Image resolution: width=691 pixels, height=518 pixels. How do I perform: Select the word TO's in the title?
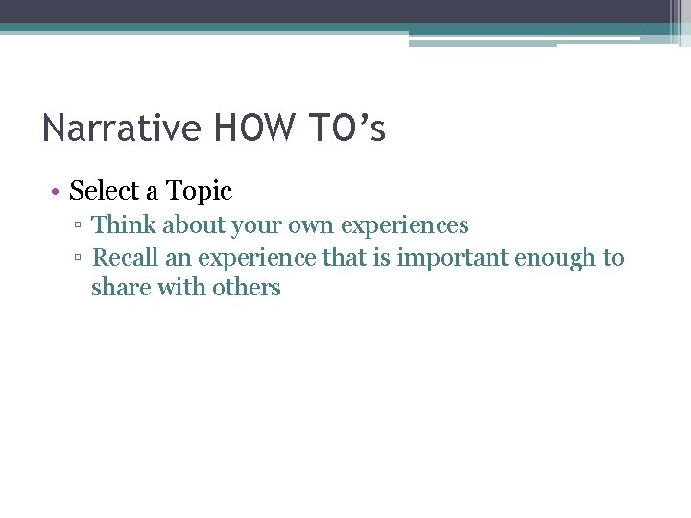346,129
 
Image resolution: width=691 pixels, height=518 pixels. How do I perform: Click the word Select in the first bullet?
104,191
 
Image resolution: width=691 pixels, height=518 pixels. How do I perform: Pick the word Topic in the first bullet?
199,191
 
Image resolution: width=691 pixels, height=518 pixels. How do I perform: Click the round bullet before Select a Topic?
57,192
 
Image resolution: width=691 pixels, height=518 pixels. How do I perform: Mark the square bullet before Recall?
81,259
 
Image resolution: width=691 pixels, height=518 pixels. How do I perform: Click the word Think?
123,225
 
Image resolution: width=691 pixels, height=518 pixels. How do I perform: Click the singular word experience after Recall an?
257,258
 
